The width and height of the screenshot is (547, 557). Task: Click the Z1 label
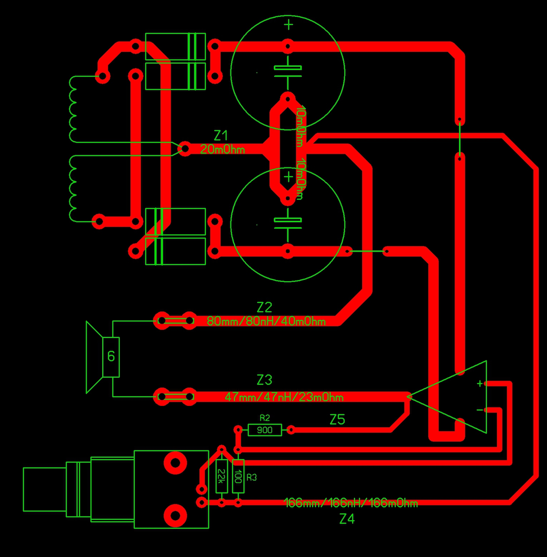[221, 136]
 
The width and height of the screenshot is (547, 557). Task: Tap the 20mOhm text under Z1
[222, 149]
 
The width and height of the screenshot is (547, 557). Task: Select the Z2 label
[264, 307]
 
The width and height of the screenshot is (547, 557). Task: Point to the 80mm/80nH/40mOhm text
[266, 321]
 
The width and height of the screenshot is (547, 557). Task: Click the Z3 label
[264, 380]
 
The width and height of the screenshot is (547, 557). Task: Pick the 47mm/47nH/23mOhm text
[284, 397]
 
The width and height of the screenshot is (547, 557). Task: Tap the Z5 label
[337, 420]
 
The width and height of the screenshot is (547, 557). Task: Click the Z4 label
[347, 519]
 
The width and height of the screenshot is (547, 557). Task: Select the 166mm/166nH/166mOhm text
[350, 503]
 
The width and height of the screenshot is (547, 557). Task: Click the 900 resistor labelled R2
[265, 430]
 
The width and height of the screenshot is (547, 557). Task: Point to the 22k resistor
[222, 476]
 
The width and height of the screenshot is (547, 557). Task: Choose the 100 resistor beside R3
[238, 476]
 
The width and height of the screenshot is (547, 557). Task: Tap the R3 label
[252, 477]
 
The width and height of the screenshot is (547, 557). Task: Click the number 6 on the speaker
[111, 356]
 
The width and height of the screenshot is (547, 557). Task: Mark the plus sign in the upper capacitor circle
[289, 25]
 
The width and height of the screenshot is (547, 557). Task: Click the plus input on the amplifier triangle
[480, 383]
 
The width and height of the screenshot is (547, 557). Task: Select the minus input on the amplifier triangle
[480, 410]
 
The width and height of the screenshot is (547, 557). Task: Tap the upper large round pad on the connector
[175, 463]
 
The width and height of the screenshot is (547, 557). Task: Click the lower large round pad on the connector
[175, 516]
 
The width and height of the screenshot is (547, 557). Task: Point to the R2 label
[265, 418]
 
